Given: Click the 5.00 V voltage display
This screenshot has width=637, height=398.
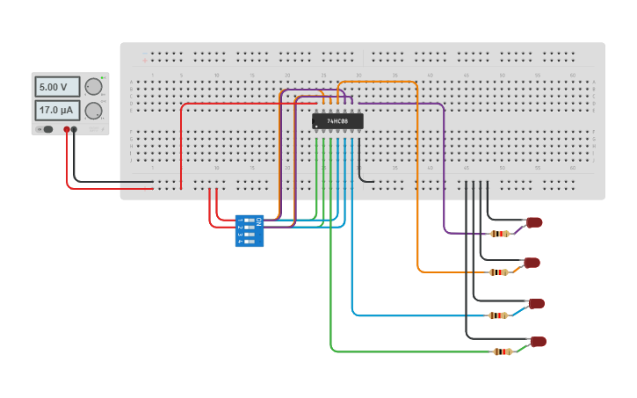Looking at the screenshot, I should point(57,87).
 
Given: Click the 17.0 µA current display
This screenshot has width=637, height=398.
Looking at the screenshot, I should point(57,110).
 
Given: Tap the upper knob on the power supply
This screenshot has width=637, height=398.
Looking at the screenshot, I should point(93,86).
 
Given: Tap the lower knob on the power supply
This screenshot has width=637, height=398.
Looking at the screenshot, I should point(93,110).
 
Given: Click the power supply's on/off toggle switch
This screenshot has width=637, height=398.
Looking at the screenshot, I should point(46,129).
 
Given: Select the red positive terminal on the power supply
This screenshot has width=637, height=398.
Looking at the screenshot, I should point(66,129).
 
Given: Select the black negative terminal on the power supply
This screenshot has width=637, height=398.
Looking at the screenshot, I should point(74,129).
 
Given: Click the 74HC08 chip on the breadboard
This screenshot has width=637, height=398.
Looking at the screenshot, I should point(337,121).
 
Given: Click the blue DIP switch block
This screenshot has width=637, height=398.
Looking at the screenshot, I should point(249,230).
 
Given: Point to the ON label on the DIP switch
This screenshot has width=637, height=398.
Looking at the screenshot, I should point(258,221).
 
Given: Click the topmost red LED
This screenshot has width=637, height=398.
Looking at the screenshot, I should point(534,222).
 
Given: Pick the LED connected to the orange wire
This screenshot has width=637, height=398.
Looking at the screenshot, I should point(532,263).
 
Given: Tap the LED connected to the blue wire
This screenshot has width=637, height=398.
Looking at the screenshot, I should point(536,303).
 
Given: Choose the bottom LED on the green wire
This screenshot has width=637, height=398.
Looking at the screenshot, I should point(538,342).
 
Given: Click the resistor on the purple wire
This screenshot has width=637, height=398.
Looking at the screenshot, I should point(500,234).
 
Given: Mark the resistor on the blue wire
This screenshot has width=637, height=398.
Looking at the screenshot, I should point(498,315).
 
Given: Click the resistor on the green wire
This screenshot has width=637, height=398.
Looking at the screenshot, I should point(503,351).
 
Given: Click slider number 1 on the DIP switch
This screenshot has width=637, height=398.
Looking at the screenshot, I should point(249,221).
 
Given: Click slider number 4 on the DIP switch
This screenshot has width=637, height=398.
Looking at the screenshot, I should point(249,241).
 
